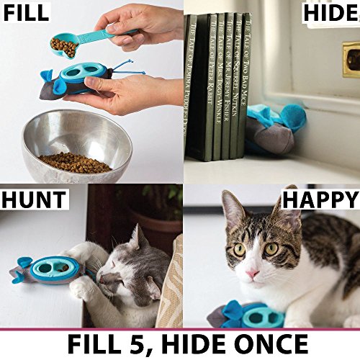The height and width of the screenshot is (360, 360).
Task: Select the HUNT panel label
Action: click(x=34, y=199)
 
